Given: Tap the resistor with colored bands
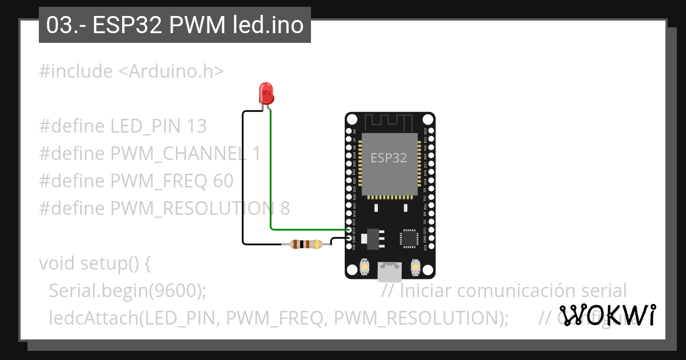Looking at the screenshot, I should (306, 245).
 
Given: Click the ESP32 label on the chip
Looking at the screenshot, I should (389, 158).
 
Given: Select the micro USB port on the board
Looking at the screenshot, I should (390, 271).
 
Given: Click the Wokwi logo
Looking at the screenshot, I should (607, 315).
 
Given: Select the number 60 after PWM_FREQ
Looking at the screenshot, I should (223, 181).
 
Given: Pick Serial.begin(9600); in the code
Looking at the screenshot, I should (127, 290).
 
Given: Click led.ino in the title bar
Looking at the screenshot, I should (268, 25).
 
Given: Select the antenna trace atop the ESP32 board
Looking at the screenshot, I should (389, 122).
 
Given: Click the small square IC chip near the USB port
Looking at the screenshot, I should (409, 238).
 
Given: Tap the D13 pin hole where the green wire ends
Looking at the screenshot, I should (349, 230).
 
